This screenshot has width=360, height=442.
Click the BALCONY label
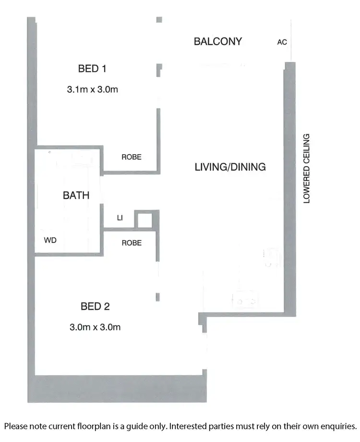coord(217,41)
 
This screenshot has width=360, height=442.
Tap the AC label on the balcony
coord(282,42)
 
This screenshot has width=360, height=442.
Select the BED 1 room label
coord(92,69)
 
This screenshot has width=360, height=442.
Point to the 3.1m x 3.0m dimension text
coord(92,89)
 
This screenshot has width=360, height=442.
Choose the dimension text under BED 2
coord(95,328)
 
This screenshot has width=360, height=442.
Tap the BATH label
coord(76,196)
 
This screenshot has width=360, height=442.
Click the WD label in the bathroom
coord(50,240)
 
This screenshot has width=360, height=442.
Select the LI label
coord(120,218)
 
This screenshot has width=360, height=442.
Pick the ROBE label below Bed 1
coord(131,157)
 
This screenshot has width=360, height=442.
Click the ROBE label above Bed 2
coord(131,243)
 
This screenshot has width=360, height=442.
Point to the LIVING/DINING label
coord(230,167)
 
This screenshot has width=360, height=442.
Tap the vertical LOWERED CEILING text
coord(307,168)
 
